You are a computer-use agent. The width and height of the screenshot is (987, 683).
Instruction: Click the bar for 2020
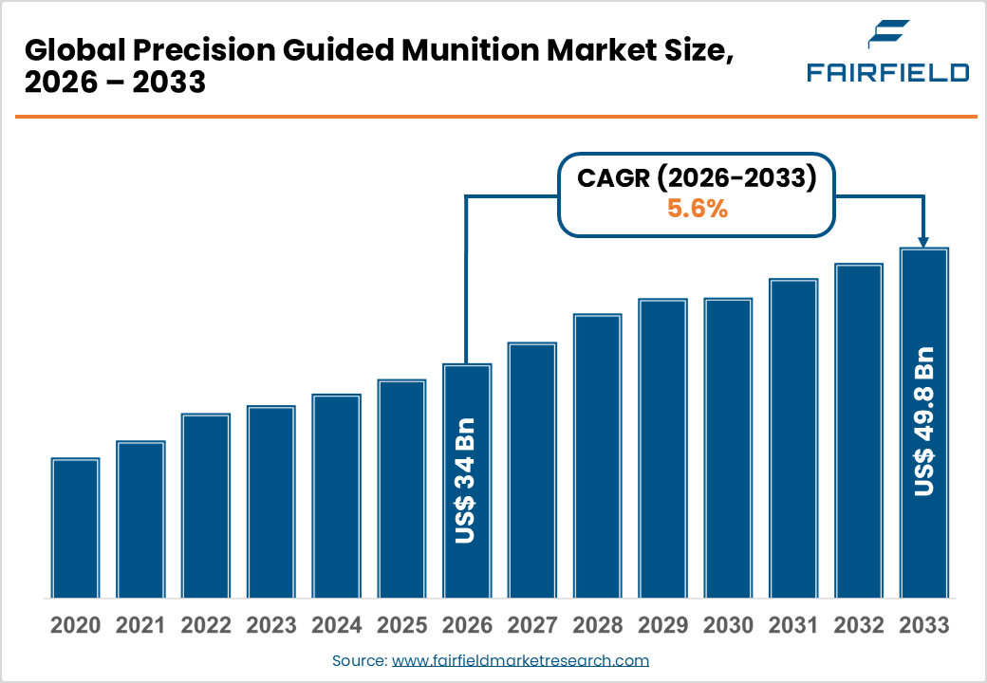(76, 527)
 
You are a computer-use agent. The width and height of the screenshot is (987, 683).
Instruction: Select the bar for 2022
(206, 506)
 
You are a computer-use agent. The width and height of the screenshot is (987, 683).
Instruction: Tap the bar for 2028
(597, 455)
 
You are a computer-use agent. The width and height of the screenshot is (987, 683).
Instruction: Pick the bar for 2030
(728, 448)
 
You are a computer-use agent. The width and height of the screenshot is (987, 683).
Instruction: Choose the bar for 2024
(337, 496)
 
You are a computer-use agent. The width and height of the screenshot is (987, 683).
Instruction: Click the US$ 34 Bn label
(467, 480)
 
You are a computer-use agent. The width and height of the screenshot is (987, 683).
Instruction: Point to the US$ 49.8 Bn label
(923, 421)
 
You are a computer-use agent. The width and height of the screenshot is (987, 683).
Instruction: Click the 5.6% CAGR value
(698, 210)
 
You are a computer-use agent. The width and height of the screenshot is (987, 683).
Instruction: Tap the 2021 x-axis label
(140, 626)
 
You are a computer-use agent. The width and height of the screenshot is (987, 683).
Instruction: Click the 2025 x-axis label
(401, 626)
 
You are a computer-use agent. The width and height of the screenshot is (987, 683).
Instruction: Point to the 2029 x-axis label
(662, 626)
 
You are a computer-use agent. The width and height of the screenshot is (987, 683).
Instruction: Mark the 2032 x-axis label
(858, 626)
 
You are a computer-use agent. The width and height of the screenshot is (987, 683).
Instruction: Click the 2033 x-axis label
(923, 626)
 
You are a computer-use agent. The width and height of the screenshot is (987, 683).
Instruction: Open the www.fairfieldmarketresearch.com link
(520, 660)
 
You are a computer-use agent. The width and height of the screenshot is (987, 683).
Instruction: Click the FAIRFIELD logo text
(887, 72)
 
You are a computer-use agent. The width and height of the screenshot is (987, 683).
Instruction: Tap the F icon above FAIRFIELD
(887, 36)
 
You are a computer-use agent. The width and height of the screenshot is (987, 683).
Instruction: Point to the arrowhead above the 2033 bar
(923, 241)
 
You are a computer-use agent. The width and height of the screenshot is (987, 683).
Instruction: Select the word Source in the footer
(358, 660)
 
